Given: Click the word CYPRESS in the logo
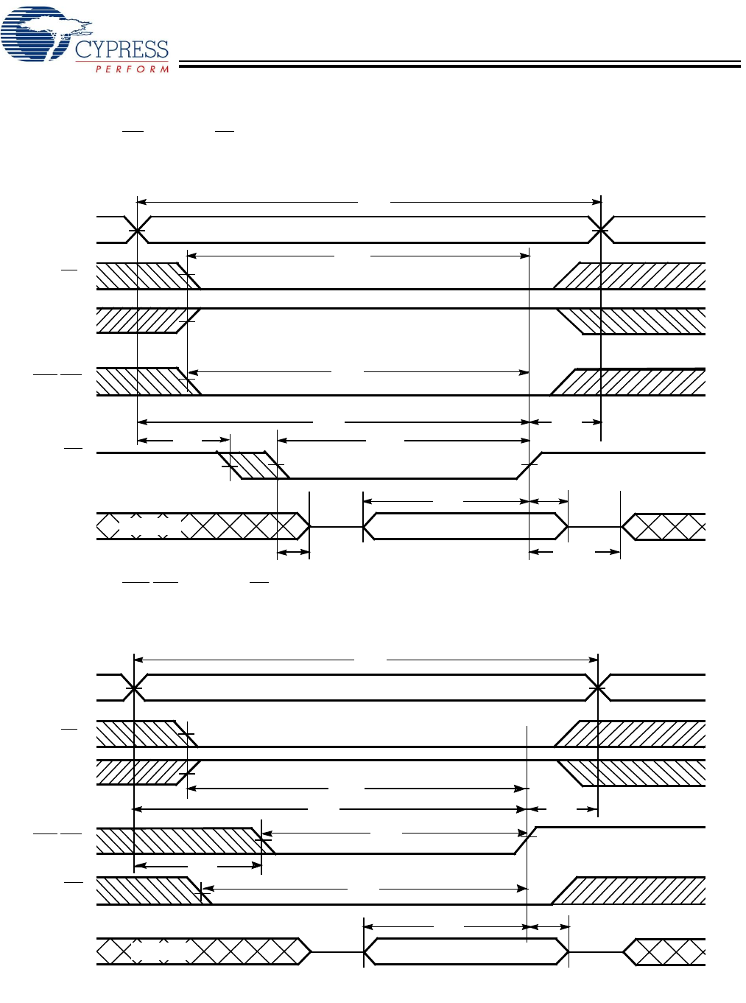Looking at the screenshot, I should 122,50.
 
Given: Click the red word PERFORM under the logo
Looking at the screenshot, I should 133,69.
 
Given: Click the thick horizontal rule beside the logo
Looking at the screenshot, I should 460,66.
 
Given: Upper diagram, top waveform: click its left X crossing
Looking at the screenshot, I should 137,231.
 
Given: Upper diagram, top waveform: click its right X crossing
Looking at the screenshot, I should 602,231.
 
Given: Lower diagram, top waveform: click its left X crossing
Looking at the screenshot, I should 134,688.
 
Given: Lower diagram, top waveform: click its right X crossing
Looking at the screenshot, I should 598,688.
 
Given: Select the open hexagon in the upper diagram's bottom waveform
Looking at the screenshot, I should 465,527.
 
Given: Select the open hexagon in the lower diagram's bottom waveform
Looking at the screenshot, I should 465,951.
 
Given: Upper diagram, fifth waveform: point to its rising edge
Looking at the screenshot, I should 529,465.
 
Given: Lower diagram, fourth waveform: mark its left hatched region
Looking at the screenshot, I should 180,841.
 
